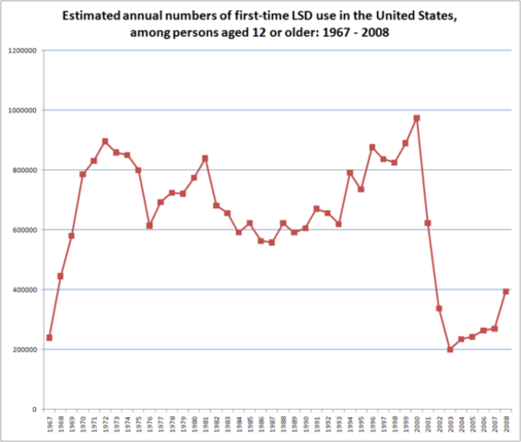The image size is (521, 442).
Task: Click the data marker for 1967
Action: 49,337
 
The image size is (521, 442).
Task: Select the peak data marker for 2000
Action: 417,118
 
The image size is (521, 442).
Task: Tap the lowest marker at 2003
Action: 450,350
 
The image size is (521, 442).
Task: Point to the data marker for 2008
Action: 506,291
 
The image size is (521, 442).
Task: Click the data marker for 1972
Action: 105,141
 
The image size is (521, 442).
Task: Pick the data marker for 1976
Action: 149,226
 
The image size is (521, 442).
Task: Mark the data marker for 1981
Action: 205,158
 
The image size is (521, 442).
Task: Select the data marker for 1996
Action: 373,147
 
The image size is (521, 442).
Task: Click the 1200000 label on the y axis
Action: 21,51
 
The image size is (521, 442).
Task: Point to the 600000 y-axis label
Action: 24,230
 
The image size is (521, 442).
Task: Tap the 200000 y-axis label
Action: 24,350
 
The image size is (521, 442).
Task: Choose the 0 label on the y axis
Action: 34,409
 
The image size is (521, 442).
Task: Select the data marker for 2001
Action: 428,223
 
